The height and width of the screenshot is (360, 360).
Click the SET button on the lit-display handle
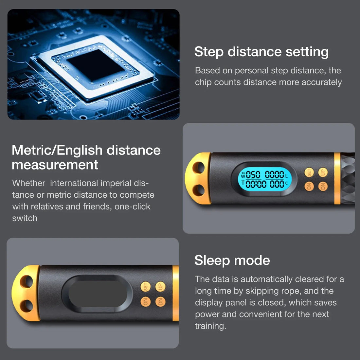(309, 172)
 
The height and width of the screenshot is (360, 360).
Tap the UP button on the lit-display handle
(323, 172)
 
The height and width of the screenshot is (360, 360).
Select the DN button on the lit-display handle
(323, 186)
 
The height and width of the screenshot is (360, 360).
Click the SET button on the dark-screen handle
(146, 287)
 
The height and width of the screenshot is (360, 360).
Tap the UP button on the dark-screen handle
(160, 287)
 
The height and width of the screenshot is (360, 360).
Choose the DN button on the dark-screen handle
(160, 302)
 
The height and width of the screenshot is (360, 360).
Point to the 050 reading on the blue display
(253, 174)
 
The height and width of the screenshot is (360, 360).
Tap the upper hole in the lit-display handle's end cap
(198, 168)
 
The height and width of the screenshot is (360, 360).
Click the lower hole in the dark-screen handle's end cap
(28, 306)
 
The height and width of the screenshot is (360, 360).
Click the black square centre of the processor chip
(95, 65)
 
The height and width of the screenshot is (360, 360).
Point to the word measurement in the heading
(55, 165)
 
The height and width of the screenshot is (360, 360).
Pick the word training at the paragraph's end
(210, 326)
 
